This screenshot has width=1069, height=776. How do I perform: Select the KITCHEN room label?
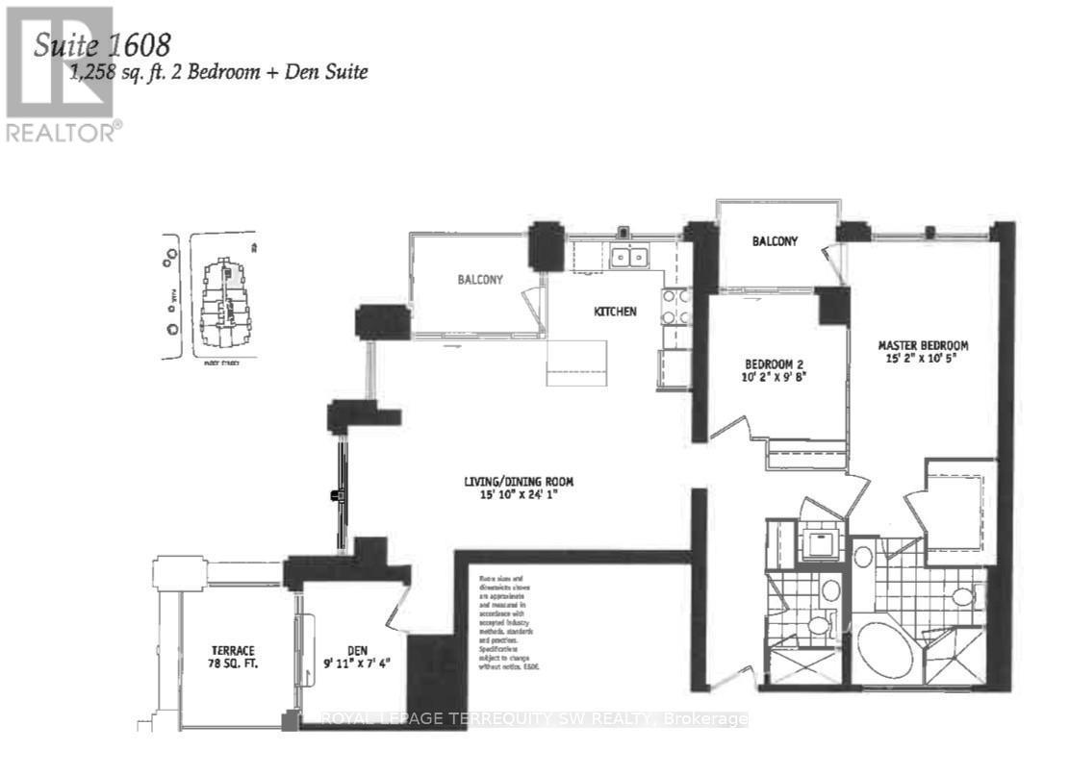[615, 312]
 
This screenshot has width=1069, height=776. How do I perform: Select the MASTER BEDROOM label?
[922, 345]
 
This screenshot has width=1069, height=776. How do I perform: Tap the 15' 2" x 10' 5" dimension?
[922, 360]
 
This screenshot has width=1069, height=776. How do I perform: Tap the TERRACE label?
[235, 650]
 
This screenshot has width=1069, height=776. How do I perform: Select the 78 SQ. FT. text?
[235, 664]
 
